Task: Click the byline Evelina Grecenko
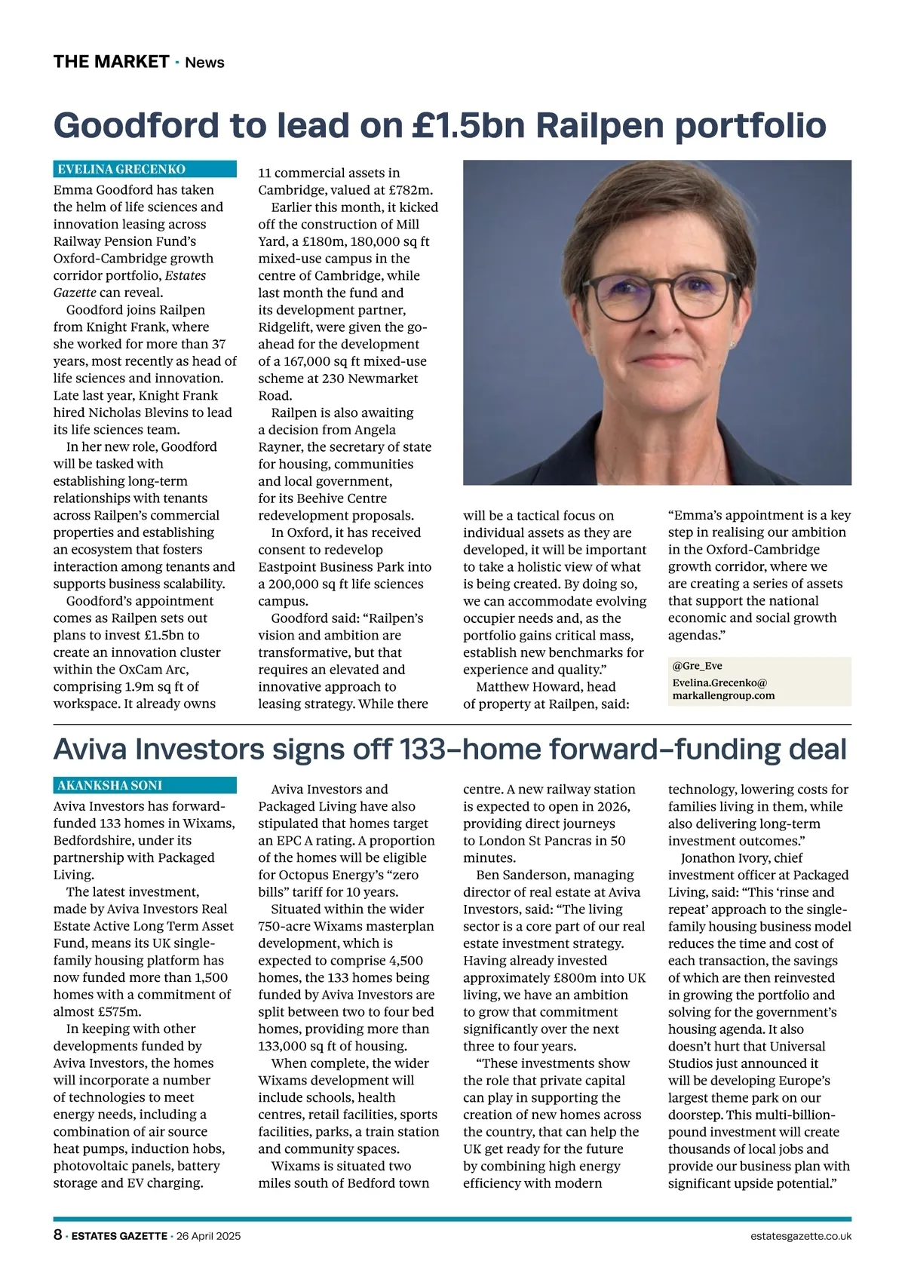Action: click(121, 170)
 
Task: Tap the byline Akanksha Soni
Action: click(110, 785)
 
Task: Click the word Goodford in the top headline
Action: click(136, 124)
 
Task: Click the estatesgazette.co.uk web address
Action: click(801, 1236)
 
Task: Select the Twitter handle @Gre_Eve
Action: click(692, 667)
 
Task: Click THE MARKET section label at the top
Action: click(111, 62)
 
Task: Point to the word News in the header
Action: click(204, 63)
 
